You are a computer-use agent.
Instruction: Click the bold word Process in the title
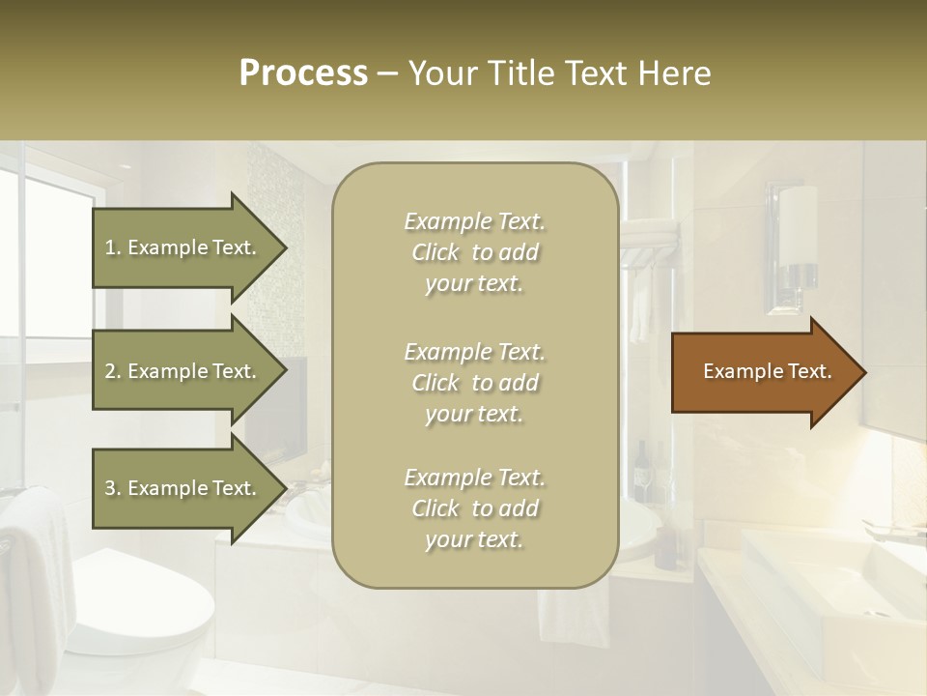(x=303, y=72)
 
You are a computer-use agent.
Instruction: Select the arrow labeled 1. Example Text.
(x=183, y=247)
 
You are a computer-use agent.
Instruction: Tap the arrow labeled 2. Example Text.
(x=183, y=371)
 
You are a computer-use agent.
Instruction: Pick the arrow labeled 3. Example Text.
(x=183, y=488)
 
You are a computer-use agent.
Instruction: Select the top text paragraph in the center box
(x=474, y=252)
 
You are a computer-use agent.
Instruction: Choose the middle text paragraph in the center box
(x=474, y=382)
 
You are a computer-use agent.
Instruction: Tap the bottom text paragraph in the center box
(x=474, y=508)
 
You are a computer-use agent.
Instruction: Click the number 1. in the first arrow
(x=113, y=247)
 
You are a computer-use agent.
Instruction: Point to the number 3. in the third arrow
(x=113, y=488)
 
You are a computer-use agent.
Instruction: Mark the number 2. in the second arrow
(x=113, y=371)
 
